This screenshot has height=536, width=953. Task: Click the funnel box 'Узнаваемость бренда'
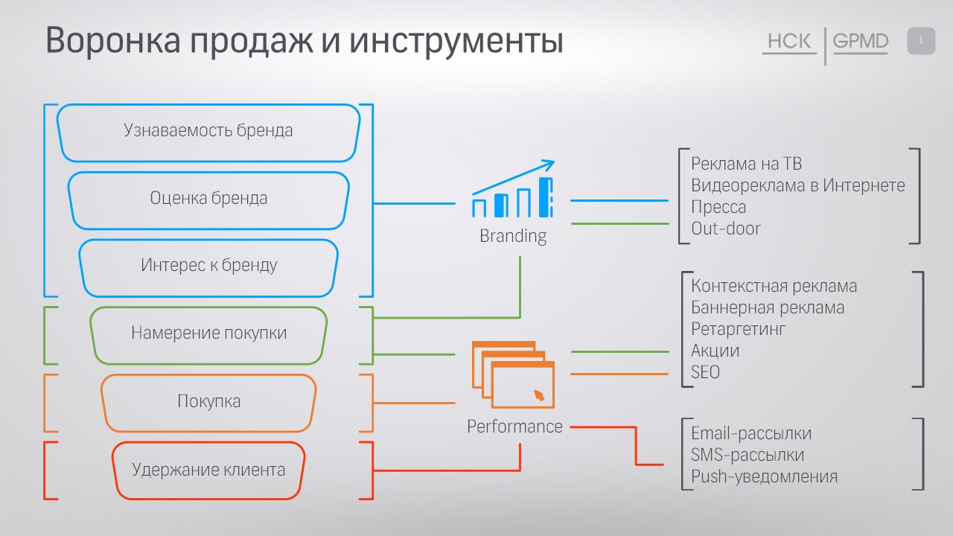(x=208, y=131)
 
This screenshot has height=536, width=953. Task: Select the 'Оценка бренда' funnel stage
(x=208, y=199)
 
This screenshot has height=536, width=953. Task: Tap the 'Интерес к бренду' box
(x=208, y=266)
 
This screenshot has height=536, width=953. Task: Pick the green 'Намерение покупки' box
(x=208, y=333)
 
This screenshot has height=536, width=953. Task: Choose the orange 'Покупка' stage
(x=208, y=402)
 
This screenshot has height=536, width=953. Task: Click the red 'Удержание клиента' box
(x=208, y=470)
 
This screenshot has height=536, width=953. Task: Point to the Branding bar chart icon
(x=513, y=190)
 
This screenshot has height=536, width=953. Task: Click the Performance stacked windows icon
(x=513, y=374)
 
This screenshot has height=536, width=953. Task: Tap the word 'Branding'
(x=513, y=237)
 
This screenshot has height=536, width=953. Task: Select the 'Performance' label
(x=514, y=427)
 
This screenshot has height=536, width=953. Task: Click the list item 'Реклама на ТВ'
(x=746, y=164)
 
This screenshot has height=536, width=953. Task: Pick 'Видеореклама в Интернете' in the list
(x=797, y=185)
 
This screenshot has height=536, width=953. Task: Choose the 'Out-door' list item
(x=725, y=229)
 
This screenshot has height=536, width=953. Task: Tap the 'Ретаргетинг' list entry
(x=738, y=328)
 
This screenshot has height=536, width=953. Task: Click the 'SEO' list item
(x=705, y=371)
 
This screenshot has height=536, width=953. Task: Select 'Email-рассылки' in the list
(x=750, y=433)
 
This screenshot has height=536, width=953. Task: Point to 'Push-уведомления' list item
(x=764, y=476)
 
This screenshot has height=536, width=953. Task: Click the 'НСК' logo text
(x=789, y=42)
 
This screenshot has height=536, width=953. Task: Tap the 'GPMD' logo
(x=861, y=42)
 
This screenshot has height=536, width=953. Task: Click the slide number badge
(x=921, y=41)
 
